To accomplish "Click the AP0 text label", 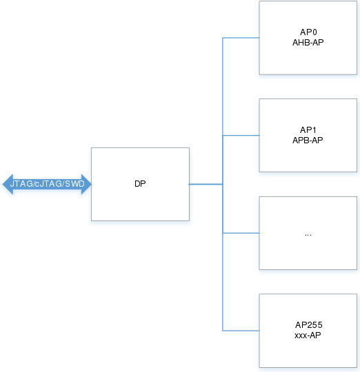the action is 308,32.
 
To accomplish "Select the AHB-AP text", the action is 308,43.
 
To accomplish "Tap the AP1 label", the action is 308,130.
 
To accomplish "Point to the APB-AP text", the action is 308,141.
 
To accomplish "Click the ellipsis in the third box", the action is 308,235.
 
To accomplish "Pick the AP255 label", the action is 309,324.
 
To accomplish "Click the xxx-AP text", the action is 308,335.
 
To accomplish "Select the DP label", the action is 140,184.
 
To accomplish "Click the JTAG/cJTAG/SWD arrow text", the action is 48,184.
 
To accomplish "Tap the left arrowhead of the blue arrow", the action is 3,184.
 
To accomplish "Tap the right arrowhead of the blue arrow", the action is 90,184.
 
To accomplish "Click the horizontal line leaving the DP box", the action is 206,184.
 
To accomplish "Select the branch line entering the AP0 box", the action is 241,38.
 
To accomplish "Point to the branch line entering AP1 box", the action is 241,136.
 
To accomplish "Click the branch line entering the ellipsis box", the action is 241,234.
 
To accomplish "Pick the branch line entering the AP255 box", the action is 241,331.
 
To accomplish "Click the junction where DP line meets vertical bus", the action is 223,184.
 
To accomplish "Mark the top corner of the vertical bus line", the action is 223,38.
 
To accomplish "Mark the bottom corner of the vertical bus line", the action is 223,331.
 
